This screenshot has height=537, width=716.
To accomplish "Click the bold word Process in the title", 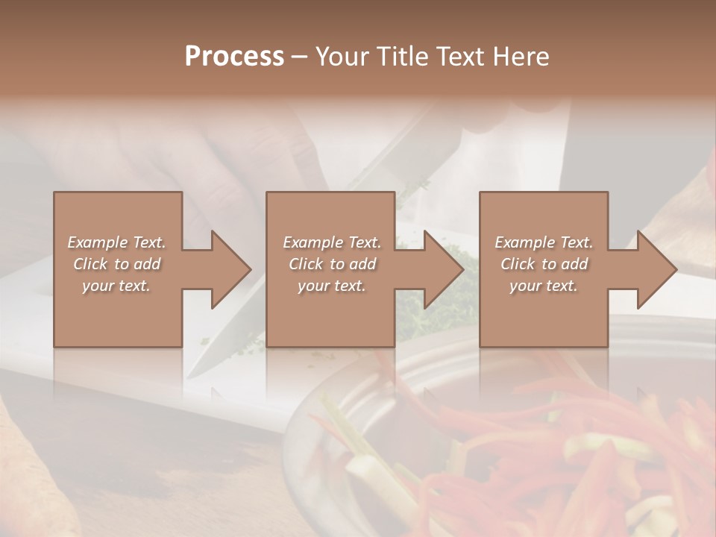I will coord(234,57).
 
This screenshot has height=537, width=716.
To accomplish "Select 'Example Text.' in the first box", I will coord(116,242).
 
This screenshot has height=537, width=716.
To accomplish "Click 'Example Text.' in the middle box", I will coord(331,242).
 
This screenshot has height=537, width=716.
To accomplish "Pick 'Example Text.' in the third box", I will coord(544,242).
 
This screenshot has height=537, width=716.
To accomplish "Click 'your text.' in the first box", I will coord(116,286).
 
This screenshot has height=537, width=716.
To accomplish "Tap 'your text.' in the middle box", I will coord(331,286).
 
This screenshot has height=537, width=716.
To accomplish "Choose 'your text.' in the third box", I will coord(544,286).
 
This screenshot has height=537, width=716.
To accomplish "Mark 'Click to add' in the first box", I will coord(116,264).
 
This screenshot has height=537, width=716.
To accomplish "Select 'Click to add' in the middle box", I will coord(331,264).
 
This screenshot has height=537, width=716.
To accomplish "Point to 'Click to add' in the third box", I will coord(544,264).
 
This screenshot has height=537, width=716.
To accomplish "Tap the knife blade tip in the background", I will coord(192,373).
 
